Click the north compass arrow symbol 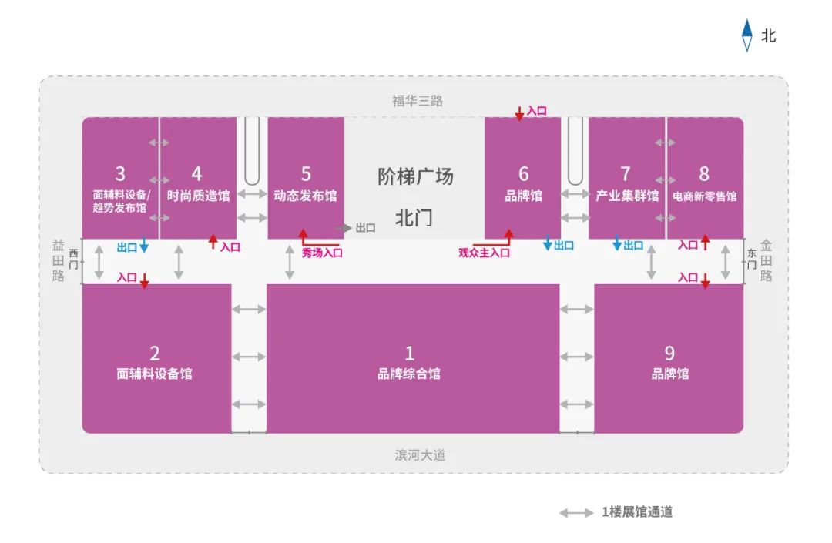click(746, 35)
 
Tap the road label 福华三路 click(417, 101)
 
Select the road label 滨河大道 click(420, 455)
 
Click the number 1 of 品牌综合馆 click(409, 354)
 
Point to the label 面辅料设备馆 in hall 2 click(154, 374)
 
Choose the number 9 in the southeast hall click(669, 354)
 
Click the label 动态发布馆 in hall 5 click(305, 196)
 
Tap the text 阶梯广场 click(415, 176)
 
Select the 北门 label click(414, 218)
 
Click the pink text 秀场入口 click(322, 253)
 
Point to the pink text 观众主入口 click(484, 253)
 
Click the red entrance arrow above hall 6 click(519, 113)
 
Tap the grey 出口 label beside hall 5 click(366, 228)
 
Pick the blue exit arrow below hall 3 click(144, 246)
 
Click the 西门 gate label click(74, 259)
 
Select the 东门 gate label click(751, 259)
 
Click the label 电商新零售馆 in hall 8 click(705, 196)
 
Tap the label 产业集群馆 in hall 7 click(626, 196)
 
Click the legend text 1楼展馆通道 click(637, 511)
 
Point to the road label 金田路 click(766, 260)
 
